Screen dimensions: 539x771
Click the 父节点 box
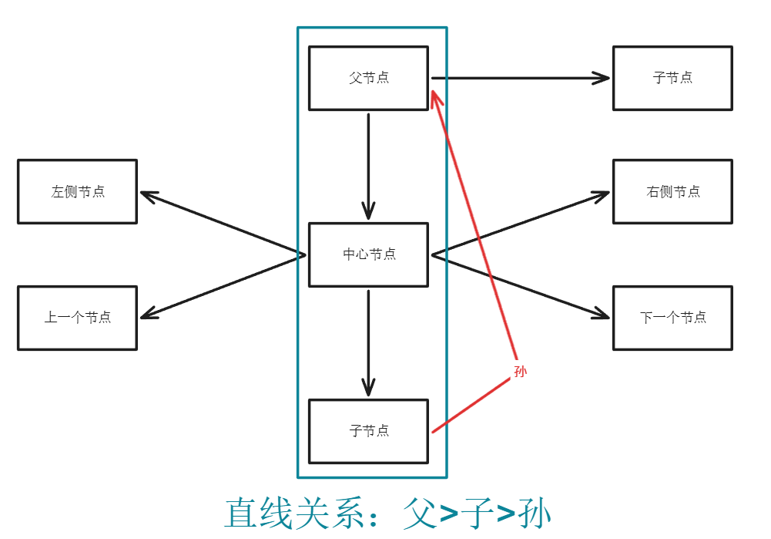pyautogui.click(x=368, y=78)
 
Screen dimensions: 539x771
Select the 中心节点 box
pyautogui.click(x=368, y=254)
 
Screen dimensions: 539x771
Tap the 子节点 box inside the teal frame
pyautogui.click(x=368, y=430)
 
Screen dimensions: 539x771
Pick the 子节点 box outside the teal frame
pyautogui.click(x=672, y=78)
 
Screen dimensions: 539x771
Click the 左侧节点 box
pyautogui.click(x=77, y=191)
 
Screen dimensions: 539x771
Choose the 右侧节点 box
pyautogui.click(x=672, y=191)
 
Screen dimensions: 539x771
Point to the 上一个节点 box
pyautogui.click(x=77, y=318)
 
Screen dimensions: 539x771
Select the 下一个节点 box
pyautogui.click(x=672, y=318)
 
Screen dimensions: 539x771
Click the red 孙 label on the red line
pyautogui.click(x=521, y=372)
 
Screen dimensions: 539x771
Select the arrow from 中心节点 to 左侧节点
pyautogui.click(x=223, y=224)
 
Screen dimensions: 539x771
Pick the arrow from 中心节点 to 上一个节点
pyautogui.click(x=223, y=285)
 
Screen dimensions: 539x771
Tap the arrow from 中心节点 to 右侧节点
pyautogui.click(x=521, y=224)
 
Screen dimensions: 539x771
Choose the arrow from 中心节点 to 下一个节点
pyautogui.click(x=521, y=285)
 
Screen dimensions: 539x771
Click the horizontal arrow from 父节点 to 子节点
pyautogui.click(x=520, y=78)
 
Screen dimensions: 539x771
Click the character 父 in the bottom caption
pyautogui.click(x=419, y=512)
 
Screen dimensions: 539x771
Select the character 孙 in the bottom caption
pyautogui.click(x=533, y=512)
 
